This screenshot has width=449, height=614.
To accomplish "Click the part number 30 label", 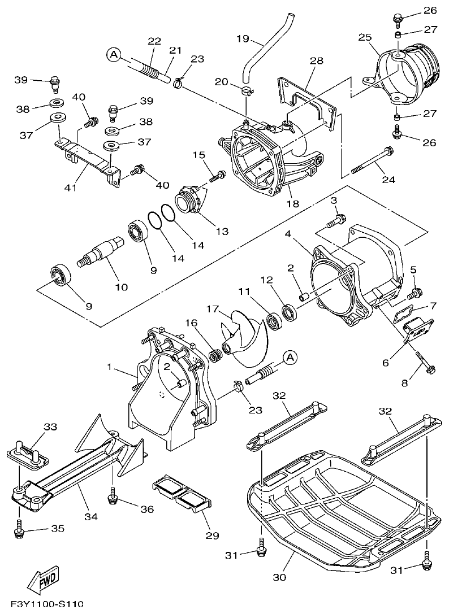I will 279,577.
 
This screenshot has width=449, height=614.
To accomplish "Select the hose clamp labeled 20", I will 246,91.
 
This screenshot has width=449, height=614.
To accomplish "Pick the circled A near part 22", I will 113,54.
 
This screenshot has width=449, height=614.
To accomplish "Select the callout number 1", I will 110,368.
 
